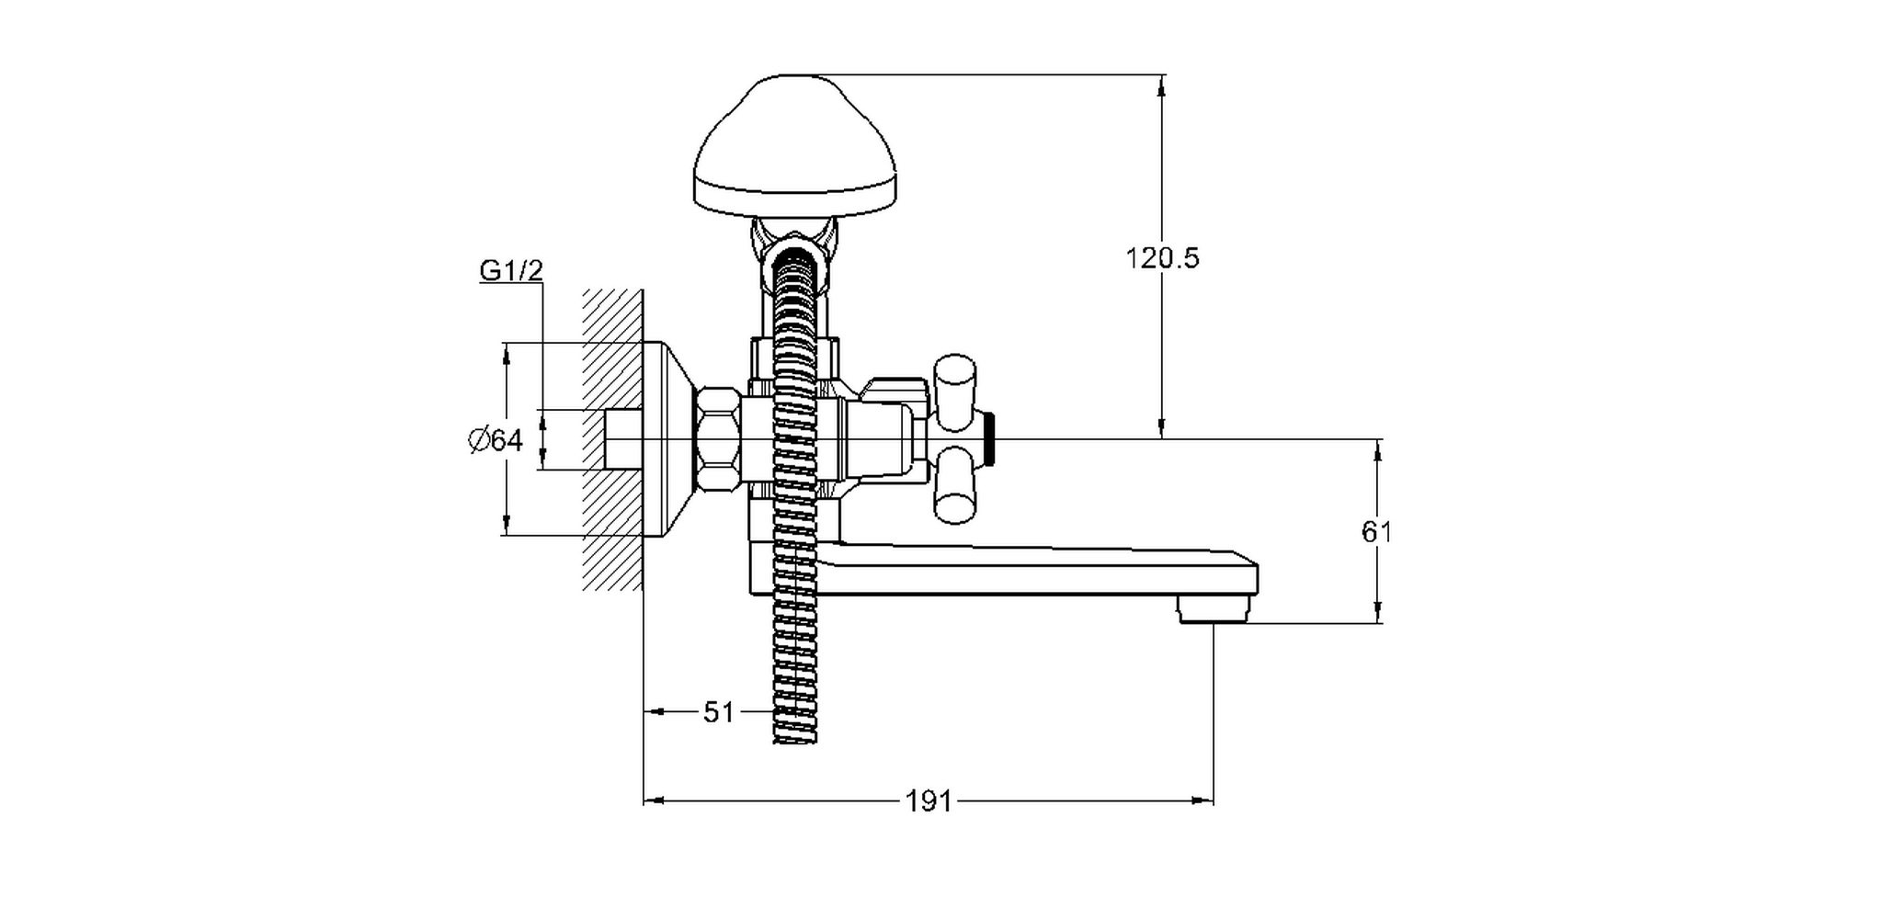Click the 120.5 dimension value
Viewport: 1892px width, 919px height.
click(1163, 258)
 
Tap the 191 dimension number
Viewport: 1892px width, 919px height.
click(929, 802)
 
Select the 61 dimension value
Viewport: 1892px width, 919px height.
click(1376, 532)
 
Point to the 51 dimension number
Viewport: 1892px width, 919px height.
click(719, 712)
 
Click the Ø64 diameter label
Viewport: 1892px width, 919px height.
click(496, 441)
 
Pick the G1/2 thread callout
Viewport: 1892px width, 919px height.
click(511, 271)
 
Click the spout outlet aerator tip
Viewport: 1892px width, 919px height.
click(1214, 608)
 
